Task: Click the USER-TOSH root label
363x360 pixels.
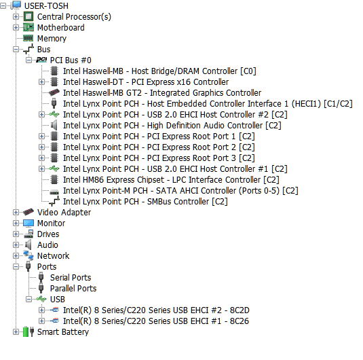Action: tap(46, 6)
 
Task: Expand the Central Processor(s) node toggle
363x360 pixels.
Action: tap(16, 17)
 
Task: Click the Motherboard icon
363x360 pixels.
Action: tap(28, 28)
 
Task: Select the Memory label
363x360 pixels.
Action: tap(52, 39)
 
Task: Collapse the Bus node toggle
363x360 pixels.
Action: tap(16, 50)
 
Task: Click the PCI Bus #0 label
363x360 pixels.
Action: tap(71, 60)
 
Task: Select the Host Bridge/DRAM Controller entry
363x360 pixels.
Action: tap(159, 71)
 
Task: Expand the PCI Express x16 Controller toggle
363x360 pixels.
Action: tap(41, 82)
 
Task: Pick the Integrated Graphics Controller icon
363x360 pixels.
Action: tap(54, 93)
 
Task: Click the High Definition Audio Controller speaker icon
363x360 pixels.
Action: tap(54, 126)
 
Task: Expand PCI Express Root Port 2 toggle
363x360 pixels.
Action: tap(41, 147)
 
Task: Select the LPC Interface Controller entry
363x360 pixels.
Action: tap(171, 180)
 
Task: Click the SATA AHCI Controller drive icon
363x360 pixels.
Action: tap(54, 192)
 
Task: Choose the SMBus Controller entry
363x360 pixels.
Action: tap(145, 202)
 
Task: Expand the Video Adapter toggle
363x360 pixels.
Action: tap(16, 213)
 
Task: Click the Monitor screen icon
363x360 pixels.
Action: tap(28, 223)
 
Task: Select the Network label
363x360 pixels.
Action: tap(53, 256)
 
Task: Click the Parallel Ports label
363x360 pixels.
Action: tap(73, 289)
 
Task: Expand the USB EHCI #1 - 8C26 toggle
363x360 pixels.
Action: tap(41, 321)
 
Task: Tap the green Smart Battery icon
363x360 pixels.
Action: tap(26, 332)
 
